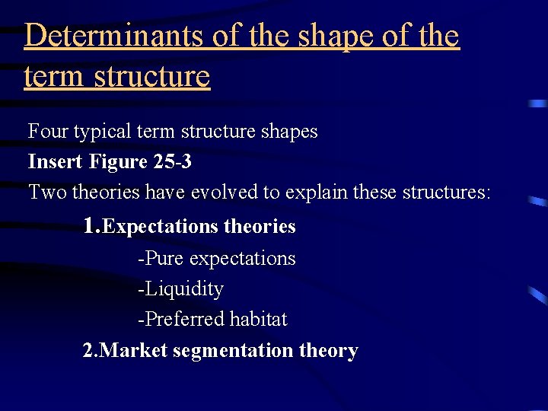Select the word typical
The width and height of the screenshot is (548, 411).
tap(104, 132)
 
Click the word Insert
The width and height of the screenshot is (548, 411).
tap(56, 162)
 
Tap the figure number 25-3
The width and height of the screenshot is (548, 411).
tap(171, 162)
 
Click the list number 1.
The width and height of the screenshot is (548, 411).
tap(91, 226)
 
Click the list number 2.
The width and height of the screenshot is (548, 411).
tap(90, 351)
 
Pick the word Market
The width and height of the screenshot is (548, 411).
tap(134, 351)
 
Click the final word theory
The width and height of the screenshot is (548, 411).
tap(329, 351)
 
